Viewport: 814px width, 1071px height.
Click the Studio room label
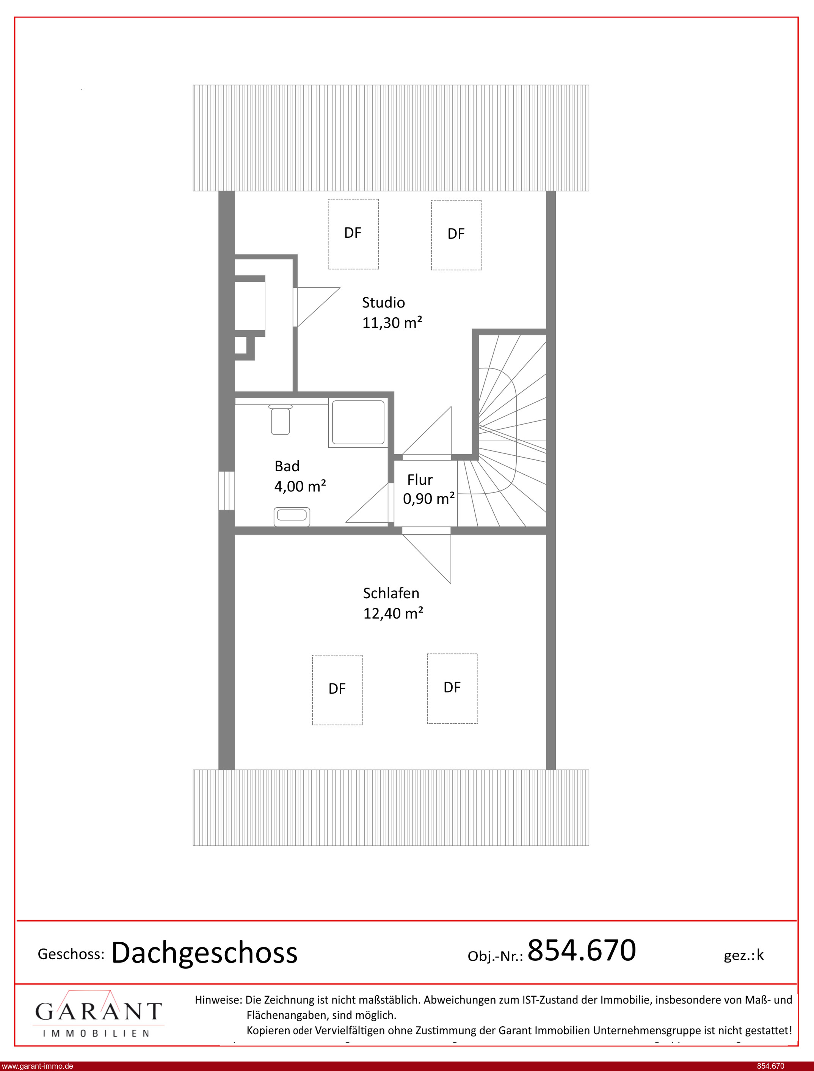[383, 303]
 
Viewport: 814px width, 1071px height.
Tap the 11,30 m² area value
[392, 323]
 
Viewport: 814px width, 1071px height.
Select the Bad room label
[287, 466]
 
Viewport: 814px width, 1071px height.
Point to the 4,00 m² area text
[300, 486]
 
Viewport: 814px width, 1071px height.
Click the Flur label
[420, 480]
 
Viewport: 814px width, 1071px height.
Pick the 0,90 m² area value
[429, 499]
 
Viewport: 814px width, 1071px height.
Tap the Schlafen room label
[391, 593]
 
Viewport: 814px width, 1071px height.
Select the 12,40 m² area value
[394, 613]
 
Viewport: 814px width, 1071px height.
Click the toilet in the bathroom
[280, 419]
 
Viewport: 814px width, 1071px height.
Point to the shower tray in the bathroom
[358, 422]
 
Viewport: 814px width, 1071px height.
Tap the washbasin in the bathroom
[292, 516]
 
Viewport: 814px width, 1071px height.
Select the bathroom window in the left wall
[227, 490]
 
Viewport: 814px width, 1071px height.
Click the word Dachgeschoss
[204, 952]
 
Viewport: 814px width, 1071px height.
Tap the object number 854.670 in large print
[582, 950]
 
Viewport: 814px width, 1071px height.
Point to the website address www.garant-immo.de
[37, 1066]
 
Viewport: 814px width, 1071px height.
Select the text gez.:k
[743, 955]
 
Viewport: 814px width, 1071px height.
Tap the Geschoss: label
[71, 954]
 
